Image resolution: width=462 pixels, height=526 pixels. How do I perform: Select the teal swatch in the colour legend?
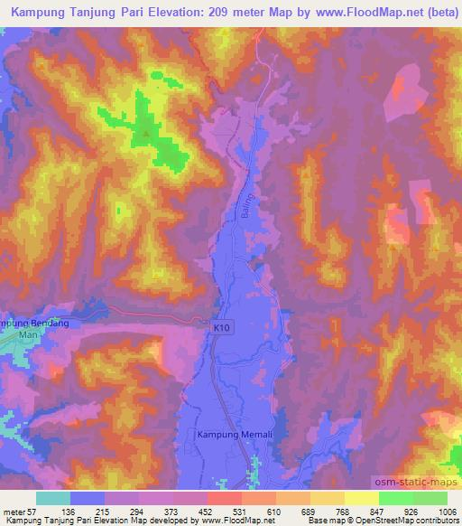point(53,498)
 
